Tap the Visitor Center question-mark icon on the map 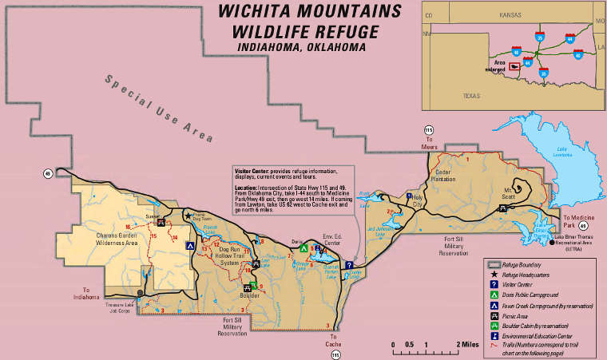click(x=349, y=266)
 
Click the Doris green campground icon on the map click(x=303, y=248)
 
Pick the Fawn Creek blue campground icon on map click(x=189, y=247)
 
